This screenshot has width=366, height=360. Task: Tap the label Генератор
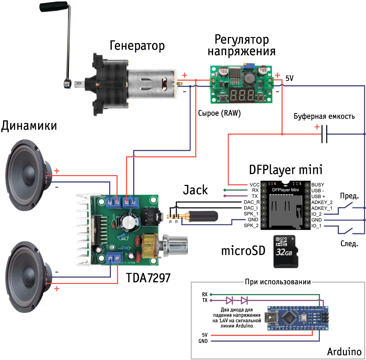137,45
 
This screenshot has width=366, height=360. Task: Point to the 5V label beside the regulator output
290,78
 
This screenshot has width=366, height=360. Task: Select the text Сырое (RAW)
219,113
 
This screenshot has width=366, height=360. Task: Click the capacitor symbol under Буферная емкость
324,134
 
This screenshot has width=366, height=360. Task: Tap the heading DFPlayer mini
285,170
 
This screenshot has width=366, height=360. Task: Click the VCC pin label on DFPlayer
254,185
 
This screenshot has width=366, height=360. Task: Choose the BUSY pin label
318,185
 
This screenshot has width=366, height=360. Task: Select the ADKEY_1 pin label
322,208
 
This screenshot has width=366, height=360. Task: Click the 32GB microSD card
286,251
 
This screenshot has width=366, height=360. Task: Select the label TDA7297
148,278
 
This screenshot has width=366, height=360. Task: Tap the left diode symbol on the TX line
229,300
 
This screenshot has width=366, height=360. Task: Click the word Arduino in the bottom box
344,352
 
